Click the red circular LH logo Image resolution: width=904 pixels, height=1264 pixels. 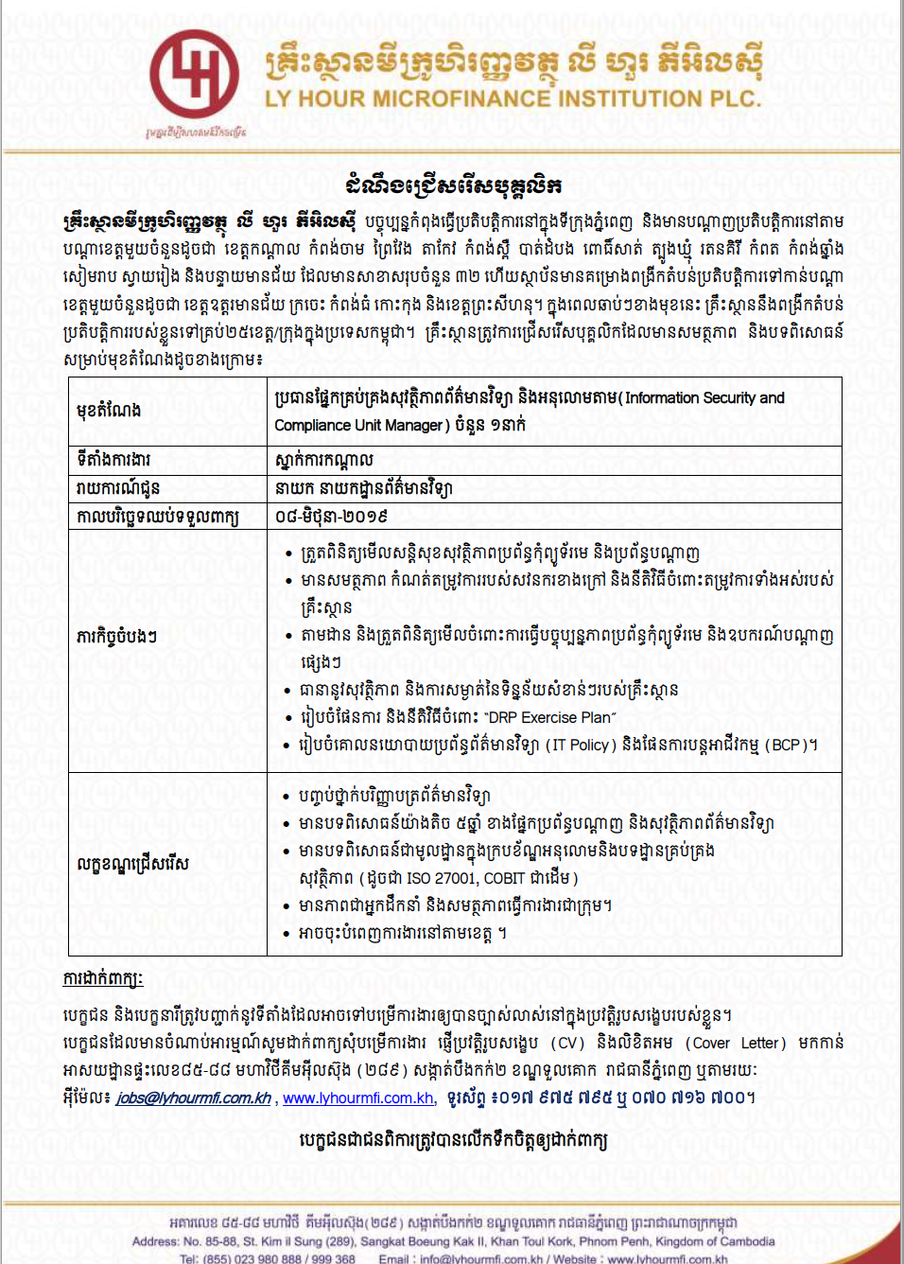(194, 74)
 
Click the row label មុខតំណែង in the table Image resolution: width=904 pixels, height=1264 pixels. (109, 411)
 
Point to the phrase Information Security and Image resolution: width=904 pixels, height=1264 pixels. (704, 398)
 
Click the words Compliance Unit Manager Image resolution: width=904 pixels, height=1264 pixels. (358, 426)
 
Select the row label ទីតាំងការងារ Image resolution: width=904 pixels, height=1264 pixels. (113, 460)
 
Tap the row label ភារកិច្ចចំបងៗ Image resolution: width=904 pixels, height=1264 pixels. (116, 637)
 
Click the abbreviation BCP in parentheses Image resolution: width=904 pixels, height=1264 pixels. (791, 746)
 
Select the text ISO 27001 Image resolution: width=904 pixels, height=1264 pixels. (442, 878)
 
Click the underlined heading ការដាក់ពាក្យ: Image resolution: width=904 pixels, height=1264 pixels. (103, 978)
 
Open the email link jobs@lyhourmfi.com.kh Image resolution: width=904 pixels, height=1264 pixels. (193, 1098)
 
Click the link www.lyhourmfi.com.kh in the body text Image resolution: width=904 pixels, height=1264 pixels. (358, 1098)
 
